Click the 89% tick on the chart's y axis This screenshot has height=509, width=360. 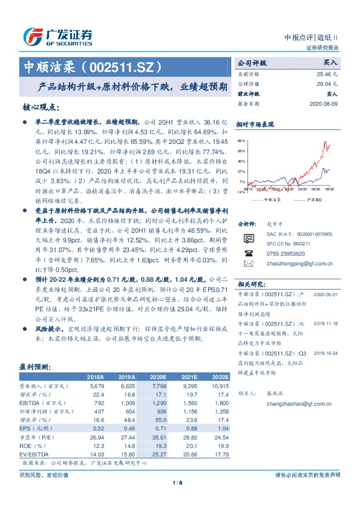tap(241, 140)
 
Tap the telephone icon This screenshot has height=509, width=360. tap(247, 254)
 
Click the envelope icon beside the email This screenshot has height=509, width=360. tap(247, 264)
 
